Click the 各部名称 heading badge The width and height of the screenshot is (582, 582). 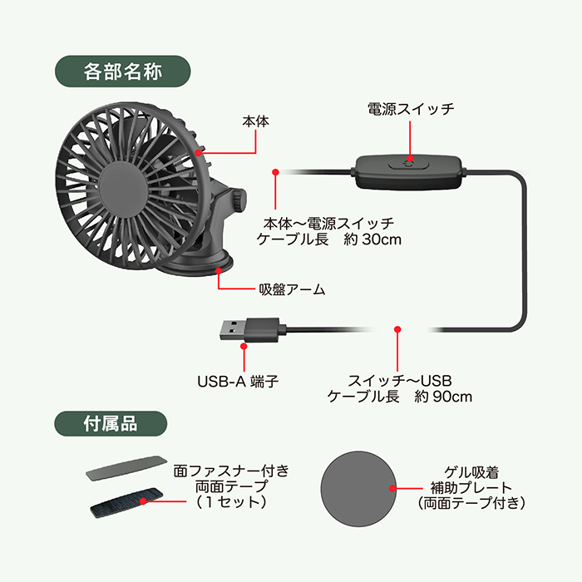tap(122, 72)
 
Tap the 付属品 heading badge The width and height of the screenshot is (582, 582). tap(111, 423)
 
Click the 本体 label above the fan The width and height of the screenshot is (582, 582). tap(255, 121)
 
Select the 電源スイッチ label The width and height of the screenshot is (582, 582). tap(411, 109)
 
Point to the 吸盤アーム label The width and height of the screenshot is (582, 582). tap(292, 289)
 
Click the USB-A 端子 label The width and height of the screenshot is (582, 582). tap(238, 382)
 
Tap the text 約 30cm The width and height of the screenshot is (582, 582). tap(372, 239)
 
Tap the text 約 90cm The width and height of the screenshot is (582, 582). tap(443, 397)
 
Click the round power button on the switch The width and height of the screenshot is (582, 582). tap(409, 163)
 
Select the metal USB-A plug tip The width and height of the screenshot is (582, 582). tap(232, 329)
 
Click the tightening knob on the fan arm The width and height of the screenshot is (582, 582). tap(239, 200)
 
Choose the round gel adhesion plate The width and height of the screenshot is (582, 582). tap(358, 489)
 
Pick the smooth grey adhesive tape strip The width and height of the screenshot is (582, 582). tap(126, 467)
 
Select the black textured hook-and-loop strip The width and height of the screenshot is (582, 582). tap(126, 502)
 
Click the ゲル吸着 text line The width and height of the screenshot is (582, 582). tap(471, 472)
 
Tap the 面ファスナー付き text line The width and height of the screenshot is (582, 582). tap(231, 471)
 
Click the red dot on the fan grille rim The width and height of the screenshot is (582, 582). tap(199, 152)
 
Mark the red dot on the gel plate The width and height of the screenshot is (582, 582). tap(392, 489)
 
